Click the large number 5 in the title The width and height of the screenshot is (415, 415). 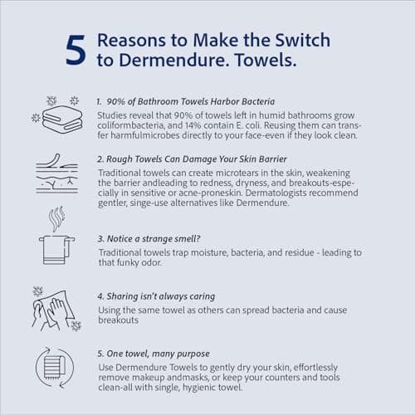click(x=76, y=51)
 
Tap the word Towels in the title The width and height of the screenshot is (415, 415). click(x=266, y=60)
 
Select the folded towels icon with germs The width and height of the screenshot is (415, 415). click(x=57, y=115)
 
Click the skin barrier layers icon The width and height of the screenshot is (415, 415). click(x=57, y=173)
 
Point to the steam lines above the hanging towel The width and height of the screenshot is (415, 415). click(x=56, y=218)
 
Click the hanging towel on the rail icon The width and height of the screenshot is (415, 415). click(x=56, y=250)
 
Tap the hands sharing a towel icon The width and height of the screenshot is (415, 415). click(x=56, y=309)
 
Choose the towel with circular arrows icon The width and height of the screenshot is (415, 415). click(x=55, y=368)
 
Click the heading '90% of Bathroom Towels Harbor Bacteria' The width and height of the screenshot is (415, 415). click(x=191, y=101)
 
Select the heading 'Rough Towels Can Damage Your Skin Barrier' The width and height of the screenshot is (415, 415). click(x=197, y=159)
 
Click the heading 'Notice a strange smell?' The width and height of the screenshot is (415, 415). click(x=154, y=239)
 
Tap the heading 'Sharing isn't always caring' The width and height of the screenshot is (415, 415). click(x=161, y=296)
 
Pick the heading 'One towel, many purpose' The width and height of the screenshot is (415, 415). click(x=158, y=354)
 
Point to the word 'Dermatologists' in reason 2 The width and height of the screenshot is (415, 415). click(x=276, y=193)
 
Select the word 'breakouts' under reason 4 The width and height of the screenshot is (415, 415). click(x=119, y=320)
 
